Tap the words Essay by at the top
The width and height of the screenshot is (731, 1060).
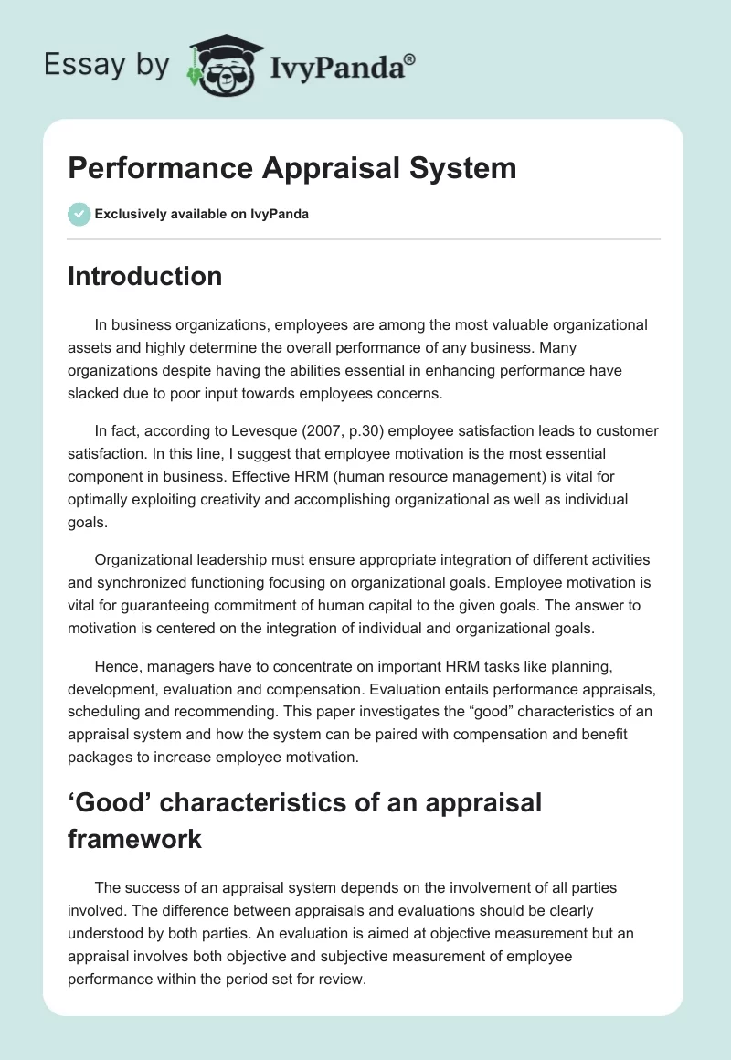coord(107,65)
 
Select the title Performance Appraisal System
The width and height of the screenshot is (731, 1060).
coord(291,168)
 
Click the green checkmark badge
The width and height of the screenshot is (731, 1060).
coord(79,214)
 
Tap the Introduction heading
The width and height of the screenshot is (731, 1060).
coord(144,276)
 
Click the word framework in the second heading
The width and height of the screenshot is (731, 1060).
coord(135,839)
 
